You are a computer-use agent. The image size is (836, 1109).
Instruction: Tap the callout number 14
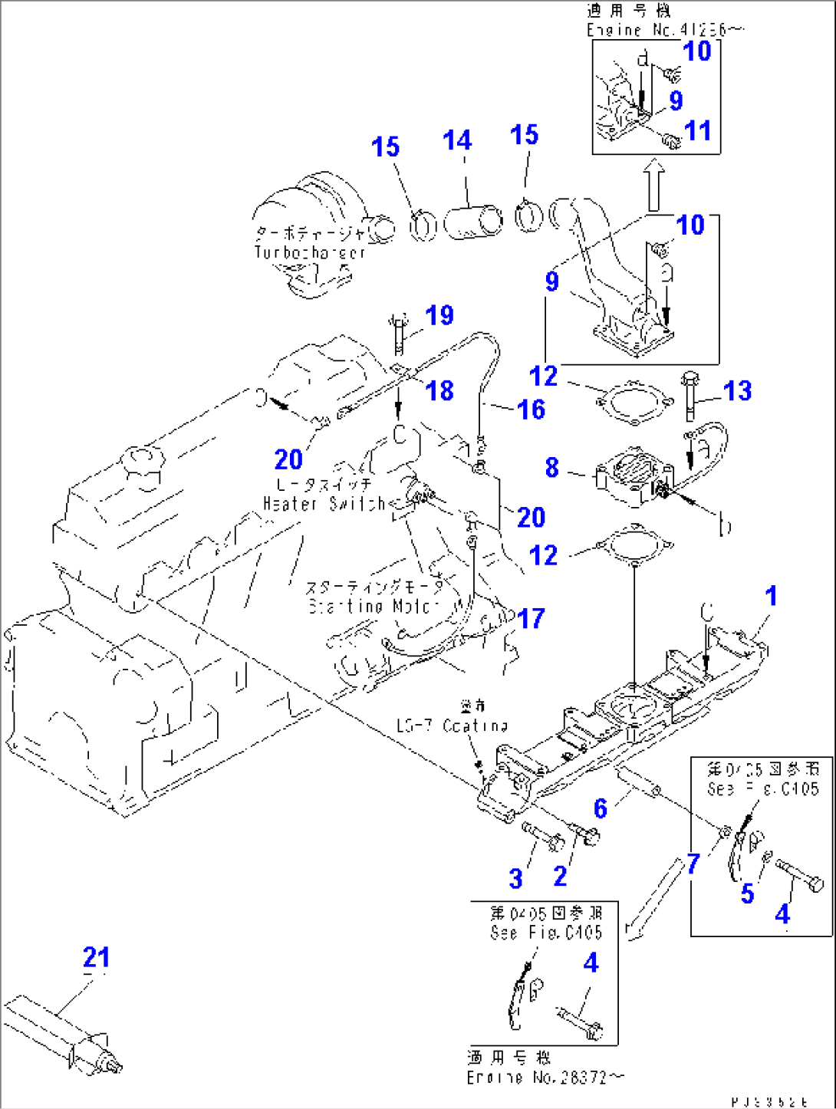(x=457, y=140)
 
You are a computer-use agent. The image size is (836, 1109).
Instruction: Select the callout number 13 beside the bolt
(x=737, y=390)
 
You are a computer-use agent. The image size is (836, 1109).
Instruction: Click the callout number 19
(x=439, y=314)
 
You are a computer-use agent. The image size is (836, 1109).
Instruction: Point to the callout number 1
(x=771, y=595)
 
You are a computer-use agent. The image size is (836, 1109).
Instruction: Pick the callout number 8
(x=551, y=467)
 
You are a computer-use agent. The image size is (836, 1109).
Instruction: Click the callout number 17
(x=531, y=618)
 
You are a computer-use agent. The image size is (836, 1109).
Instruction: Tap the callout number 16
(x=531, y=409)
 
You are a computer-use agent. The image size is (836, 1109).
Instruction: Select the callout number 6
(x=600, y=808)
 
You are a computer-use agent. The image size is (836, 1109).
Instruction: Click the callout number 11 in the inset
(x=697, y=130)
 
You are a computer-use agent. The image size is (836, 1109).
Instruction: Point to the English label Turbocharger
(x=310, y=252)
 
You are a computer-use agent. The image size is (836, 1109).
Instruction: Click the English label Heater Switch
(x=324, y=504)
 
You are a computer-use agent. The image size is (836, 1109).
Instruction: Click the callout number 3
(x=515, y=878)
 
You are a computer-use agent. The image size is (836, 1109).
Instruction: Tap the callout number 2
(x=560, y=876)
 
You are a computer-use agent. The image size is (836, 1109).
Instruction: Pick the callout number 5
(x=747, y=893)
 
